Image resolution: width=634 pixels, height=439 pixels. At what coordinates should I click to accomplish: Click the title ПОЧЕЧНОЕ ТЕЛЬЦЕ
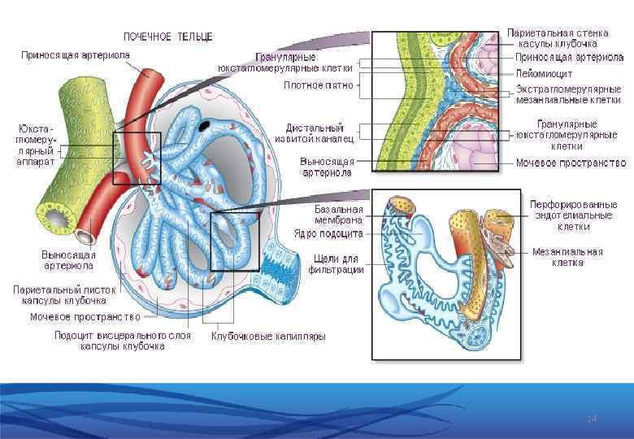point(167,37)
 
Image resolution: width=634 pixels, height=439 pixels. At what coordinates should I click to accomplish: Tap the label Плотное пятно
point(319,85)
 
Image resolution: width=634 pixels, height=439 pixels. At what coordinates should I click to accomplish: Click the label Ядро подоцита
point(328,234)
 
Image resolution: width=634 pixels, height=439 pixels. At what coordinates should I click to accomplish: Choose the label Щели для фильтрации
point(337,264)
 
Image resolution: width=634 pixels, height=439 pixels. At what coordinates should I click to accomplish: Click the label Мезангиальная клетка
point(567,257)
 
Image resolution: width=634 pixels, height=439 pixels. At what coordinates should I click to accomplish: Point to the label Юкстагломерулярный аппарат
point(35,145)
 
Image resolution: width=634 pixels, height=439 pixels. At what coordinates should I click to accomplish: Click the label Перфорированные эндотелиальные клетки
point(573,215)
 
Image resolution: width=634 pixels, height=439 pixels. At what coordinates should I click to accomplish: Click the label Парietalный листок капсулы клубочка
point(65,294)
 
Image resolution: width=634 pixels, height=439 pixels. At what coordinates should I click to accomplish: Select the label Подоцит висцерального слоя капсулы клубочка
point(122,340)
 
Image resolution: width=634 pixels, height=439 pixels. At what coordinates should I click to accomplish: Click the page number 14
point(592,418)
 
